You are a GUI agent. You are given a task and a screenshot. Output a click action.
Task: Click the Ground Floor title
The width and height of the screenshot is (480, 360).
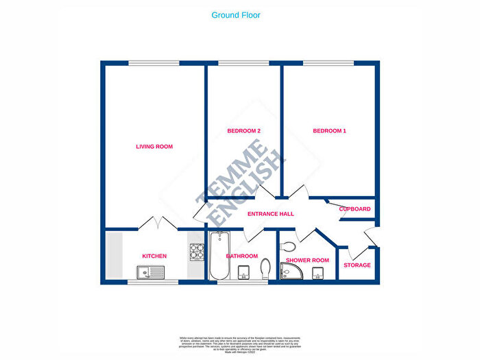pyautogui.click(x=236, y=15)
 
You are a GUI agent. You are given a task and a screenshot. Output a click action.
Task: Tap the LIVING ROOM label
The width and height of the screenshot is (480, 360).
pyautogui.click(x=154, y=146)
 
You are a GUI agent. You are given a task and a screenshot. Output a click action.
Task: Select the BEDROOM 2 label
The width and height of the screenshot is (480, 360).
pyautogui.click(x=244, y=130)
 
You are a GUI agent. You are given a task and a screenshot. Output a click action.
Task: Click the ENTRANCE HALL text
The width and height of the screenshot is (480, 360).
pyautogui.click(x=271, y=214)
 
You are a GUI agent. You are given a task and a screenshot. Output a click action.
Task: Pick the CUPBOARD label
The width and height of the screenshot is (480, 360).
pyautogui.click(x=355, y=209)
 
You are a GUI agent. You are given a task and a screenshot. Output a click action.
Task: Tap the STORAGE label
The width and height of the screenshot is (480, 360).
pyautogui.click(x=357, y=265)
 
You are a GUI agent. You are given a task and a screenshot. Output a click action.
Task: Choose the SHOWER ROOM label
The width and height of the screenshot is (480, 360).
pyautogui.click(x=308, y=261)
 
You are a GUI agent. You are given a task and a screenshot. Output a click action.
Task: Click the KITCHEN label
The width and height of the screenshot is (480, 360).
pyautogui.click(x=154, y=256)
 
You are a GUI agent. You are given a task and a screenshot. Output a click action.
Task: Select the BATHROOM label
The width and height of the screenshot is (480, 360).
pyautogui.click(x=241, y=256)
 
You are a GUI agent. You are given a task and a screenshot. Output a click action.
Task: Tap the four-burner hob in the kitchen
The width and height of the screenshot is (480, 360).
pyautogui.click(x=197, y=251)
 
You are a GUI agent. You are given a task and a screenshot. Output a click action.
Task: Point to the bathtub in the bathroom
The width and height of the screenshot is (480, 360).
pyautogui.click(x=218, y=255)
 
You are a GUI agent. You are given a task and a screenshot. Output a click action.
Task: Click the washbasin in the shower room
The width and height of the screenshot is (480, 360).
pyautogui.click(x=317, y=273)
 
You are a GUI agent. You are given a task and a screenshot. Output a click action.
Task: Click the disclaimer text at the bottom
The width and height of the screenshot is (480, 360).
pyautogui.click(x=240, y=343)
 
